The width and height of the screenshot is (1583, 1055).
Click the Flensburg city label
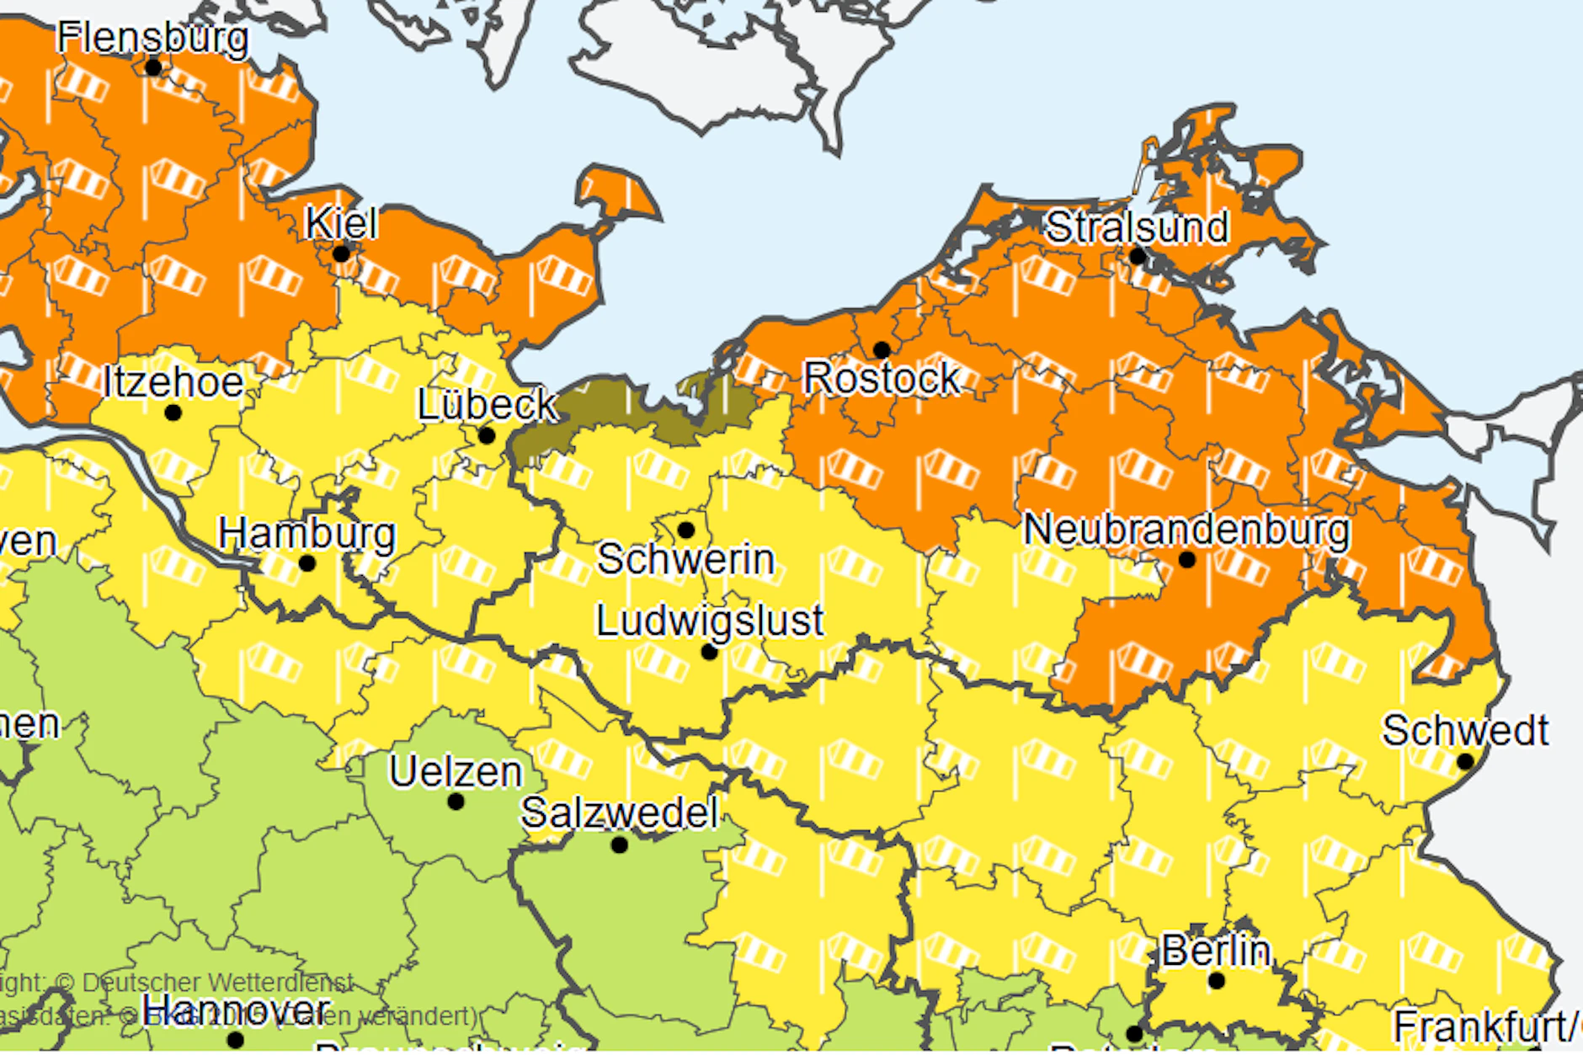(152, 38)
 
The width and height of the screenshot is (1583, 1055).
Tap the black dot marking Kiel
(341, 253)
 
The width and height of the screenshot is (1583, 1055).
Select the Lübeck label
(487, 405)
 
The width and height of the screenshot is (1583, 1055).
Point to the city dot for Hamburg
(307, 563)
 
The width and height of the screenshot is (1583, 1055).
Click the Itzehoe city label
(173, 382)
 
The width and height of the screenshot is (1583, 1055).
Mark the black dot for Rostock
(882, 349)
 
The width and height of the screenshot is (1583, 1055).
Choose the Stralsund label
(1137, 226)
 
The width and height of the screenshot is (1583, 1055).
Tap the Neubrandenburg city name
(1186, 530)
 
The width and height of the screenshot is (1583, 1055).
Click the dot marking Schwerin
(685, 530)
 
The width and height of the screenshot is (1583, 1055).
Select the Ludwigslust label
(710, 621)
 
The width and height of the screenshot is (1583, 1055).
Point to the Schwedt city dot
(1465, 761)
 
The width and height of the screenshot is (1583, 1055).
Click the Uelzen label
(456, 771)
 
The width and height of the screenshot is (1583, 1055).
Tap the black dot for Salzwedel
(620, 845)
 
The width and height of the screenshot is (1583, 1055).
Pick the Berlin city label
(1216, 951)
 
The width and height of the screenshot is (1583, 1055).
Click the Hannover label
(236, 1009)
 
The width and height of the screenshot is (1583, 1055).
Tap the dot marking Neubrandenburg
(1187, 559)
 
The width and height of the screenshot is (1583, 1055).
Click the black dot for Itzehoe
(173, 413)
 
